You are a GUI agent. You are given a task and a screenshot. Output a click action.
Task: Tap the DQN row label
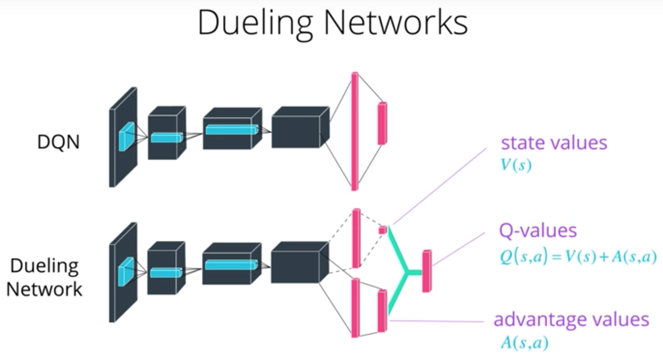point(58,142)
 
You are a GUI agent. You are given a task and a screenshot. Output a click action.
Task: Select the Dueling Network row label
point(44,277)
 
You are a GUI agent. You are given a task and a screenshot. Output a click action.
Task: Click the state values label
point(554,143)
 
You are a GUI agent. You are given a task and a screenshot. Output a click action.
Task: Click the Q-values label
point(538,231)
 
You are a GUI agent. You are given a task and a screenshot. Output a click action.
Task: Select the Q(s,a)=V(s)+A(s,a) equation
point(578,257)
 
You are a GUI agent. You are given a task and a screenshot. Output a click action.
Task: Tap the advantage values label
point(571,320)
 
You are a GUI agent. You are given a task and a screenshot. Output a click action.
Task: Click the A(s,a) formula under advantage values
point(524,343)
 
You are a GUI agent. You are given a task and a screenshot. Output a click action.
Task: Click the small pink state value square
point(382,230)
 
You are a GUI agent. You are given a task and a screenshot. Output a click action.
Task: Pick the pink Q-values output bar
point(427,271)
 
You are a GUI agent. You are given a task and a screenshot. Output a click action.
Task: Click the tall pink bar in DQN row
point(355,131)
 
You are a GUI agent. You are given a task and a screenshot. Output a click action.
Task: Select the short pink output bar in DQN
point(382,123)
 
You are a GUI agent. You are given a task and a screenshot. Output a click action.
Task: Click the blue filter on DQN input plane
point(126,136)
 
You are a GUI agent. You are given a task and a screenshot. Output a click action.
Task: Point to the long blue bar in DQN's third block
point(232,130)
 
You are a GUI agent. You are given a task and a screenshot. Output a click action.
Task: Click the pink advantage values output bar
point(382,311)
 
